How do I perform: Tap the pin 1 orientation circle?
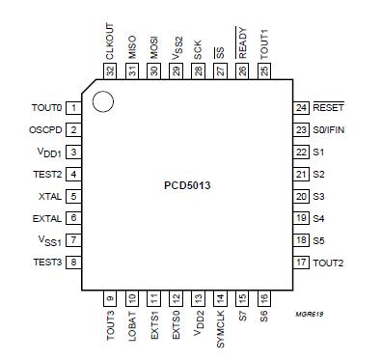pyautogui.click(x=103, y=100)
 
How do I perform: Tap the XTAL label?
pyautogui.click(x=51, y=195)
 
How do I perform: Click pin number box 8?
pyautogui.click(x=73, y=262)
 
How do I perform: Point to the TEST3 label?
pyautogui.click(x=48, y=262)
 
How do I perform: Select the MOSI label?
pyautogui.click(x=154, y=45)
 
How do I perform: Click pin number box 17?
pyautogui.click(x=301, y=262)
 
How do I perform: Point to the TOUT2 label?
pyautogui.click(x=329, y=262)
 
